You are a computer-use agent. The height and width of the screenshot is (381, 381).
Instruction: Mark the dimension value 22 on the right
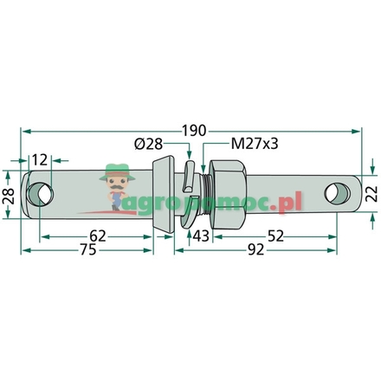point(372,193)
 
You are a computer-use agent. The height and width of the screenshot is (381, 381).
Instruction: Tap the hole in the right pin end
point(333,191)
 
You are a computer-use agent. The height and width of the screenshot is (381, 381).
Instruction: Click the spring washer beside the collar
point(190,189)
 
